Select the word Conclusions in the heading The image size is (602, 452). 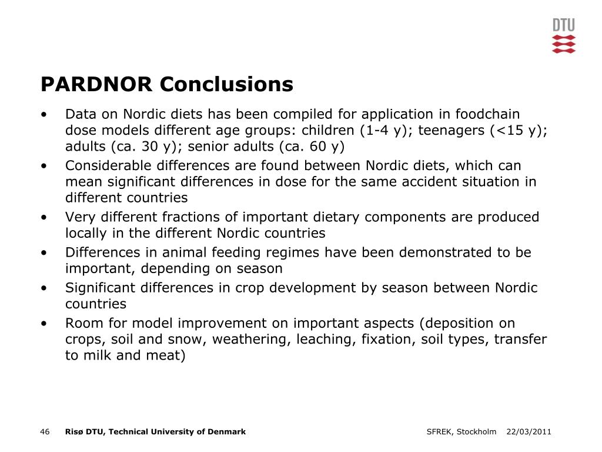(226, 84)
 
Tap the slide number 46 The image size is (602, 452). (45, 432)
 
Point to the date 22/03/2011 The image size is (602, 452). (529, 432)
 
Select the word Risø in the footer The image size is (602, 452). (74, 432)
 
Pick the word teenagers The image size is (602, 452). (451, 130)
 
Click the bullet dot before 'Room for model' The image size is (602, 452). (45, 324)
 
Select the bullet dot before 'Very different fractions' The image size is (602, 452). (45, 218)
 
